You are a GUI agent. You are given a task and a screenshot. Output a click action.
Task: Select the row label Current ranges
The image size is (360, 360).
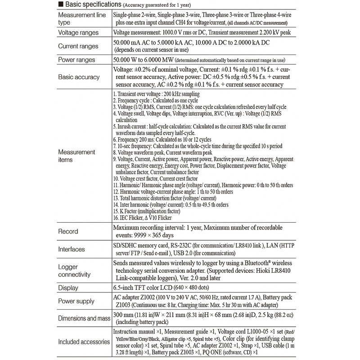pyautogui.click(x=79, y=46)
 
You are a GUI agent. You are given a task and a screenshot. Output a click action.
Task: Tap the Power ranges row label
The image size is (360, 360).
pyautogui.click(x=76, y=59)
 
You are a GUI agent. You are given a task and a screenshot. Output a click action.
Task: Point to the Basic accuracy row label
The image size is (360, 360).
pyautogui.click(x=79, y=77)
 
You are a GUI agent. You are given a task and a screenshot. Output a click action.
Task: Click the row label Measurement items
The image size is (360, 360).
pyautogui.click(x=76, y=156)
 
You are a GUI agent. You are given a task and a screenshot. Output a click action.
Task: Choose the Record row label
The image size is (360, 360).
pyautogui.click(x=68, y=231)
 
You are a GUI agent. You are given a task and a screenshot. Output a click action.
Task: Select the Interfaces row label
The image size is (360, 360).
pyautogui.click(x=72, y=249)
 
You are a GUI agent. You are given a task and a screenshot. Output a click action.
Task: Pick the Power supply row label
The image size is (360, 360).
pyautogui.click(x=76, y=301)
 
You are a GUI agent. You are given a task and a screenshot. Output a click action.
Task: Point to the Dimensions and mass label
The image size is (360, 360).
pyautogui.click(x=84, y=319)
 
